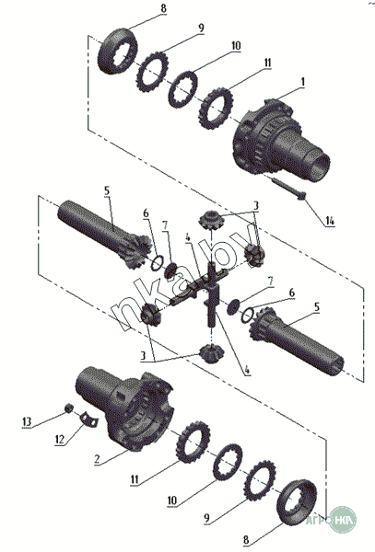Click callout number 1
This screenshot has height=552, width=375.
(x=302, y=82)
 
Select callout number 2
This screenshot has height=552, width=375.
(x=98, y=459)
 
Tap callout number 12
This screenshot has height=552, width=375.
(x=60, y=439)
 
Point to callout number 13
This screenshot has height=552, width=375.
(x=27, y=421)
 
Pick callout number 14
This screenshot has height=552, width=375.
(x=329, y=221)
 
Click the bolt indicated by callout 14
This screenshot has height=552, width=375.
(x=288, y=188)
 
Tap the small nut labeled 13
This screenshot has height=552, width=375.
(x=69, y=408)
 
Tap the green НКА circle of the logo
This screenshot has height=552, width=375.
(x=343, y=520)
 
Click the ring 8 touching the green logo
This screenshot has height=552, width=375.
(x=297, y=502)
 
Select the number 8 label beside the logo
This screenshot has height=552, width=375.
(x=246, y=539)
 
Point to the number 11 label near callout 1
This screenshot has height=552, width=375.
(x=267, y=63)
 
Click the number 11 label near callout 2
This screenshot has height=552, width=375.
(x=135, y=479)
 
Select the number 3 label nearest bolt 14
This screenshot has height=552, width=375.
(x=256, y=205)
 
